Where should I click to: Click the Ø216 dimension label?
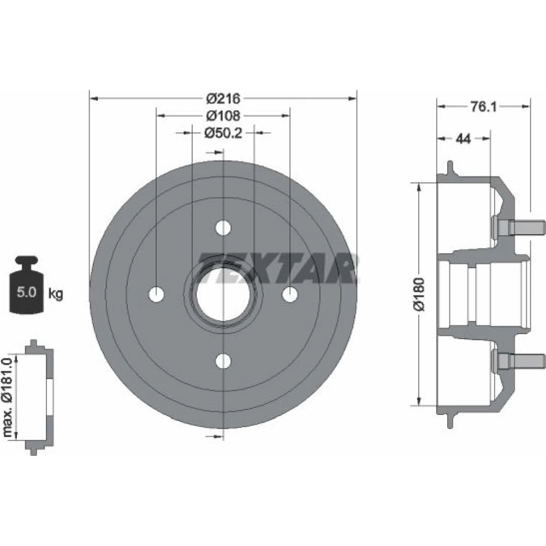(x=223, y=98)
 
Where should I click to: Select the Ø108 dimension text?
(x=223, y=116)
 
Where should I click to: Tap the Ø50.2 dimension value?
(x=223, y=133)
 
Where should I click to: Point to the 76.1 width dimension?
(x=484, y=106)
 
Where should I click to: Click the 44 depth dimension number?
(x=464, y=139)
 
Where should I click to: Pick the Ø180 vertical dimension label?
(x=419, y=294)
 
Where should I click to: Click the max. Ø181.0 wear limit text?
(x=8, y=396)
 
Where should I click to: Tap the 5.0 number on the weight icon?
(x=26, y=292)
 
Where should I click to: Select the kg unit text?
(x=55, y=294)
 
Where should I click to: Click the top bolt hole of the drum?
(x=223, y=228)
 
